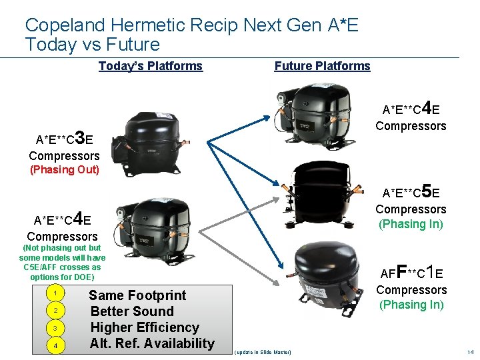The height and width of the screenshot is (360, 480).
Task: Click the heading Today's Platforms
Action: (x=150, y=66)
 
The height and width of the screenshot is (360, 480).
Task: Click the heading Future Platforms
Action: (x=322, y=66)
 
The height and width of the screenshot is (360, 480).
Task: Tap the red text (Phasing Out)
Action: (x=65, y=169)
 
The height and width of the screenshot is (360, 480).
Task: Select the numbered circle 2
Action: (x=58, y=311)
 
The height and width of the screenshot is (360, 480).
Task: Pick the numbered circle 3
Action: (x=58, y=328)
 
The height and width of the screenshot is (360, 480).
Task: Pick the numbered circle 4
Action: (x=58, y=345)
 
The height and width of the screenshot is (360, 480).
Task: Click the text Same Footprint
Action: (x=137, y=295)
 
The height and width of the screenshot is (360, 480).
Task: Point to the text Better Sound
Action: (x=132, y=311)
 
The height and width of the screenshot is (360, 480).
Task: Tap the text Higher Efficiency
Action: (x=145, y=327)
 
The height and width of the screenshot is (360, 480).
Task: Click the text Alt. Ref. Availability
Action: (x=152, y=343)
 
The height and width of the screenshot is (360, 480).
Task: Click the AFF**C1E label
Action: (x=411, y=272)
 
